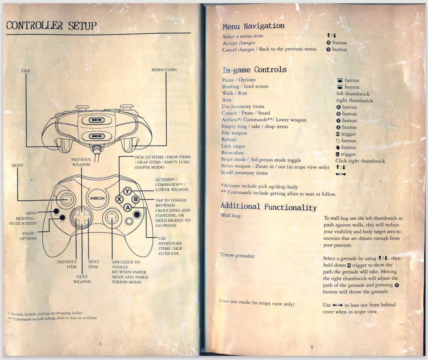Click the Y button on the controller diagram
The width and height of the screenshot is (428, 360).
(x=128, y=192)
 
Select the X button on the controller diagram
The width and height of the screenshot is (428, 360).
(x=119, y=199)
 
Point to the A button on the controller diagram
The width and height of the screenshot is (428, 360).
(x=128, y=207)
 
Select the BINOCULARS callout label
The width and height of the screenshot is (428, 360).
(x=164, y=70)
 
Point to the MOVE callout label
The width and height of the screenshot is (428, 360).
(x=17, y=165)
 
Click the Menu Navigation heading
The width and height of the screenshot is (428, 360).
(x=253, y=26)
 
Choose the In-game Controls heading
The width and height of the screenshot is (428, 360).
(x=254, y=70)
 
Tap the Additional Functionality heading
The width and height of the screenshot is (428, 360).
(x=268, y=206)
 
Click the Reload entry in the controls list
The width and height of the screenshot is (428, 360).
(x=229, y=140)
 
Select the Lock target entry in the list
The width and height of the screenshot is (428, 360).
(x=233, y=146)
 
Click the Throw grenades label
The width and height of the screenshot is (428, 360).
(x=237, y=255)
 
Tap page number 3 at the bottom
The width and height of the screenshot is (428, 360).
(x=100, y=344)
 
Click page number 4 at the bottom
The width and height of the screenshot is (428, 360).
(x=311, y=347)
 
